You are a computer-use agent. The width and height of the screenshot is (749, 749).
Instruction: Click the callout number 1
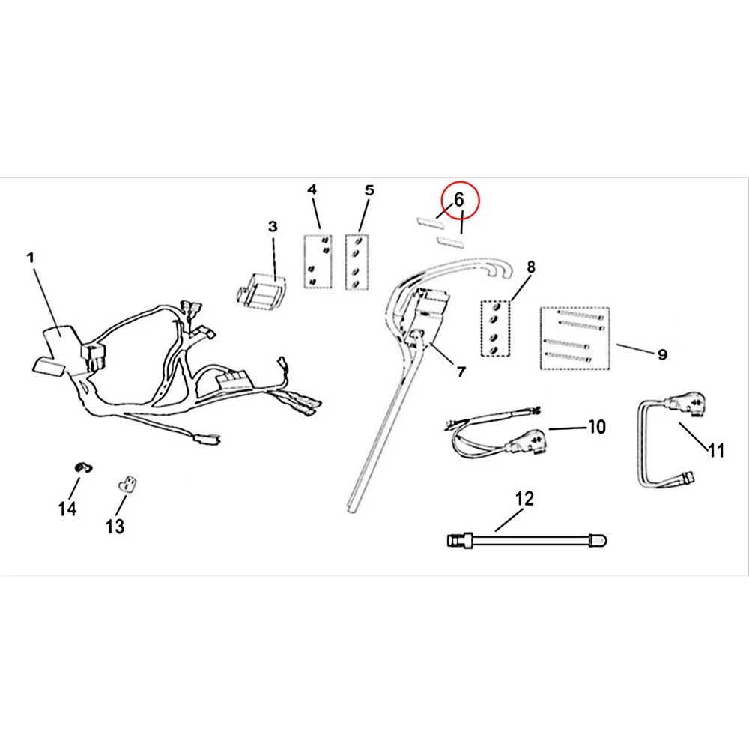31,258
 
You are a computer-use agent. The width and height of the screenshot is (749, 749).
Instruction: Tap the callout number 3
273,226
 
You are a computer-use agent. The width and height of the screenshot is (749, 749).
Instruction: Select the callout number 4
312,189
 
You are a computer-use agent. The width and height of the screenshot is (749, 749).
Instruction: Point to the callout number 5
370,190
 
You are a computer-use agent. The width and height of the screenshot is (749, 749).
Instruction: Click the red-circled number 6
459,200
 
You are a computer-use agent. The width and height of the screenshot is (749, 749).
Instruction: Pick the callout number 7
461,372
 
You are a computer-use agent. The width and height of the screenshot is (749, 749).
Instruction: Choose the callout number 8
531,267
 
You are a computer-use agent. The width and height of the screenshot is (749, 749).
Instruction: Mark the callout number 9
662,354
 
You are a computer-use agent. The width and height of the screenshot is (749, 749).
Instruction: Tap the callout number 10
597,427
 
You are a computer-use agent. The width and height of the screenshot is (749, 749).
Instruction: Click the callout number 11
716,450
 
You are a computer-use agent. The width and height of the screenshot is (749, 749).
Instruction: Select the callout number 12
524,499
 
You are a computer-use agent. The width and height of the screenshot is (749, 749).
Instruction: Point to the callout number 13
115,527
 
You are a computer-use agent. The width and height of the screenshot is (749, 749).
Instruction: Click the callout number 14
67,509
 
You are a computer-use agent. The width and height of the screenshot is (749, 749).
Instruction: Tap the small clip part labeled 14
84,467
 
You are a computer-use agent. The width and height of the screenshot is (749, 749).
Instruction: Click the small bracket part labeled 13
127,484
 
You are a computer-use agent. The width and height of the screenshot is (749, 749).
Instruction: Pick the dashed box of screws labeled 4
318,261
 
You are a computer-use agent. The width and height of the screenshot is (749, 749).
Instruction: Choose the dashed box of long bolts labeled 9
575,339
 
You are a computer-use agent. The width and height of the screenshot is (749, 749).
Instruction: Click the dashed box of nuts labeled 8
495,329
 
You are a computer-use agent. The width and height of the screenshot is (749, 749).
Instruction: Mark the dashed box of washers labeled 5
357,261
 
